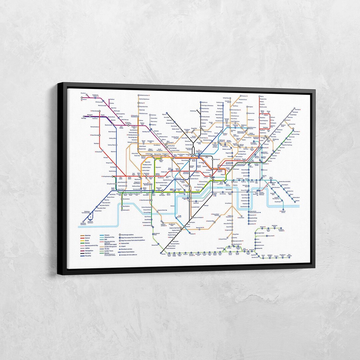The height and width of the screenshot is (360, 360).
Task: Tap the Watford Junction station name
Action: (x=144, y=96)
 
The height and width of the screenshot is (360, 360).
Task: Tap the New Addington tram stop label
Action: (x=291, y=256)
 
